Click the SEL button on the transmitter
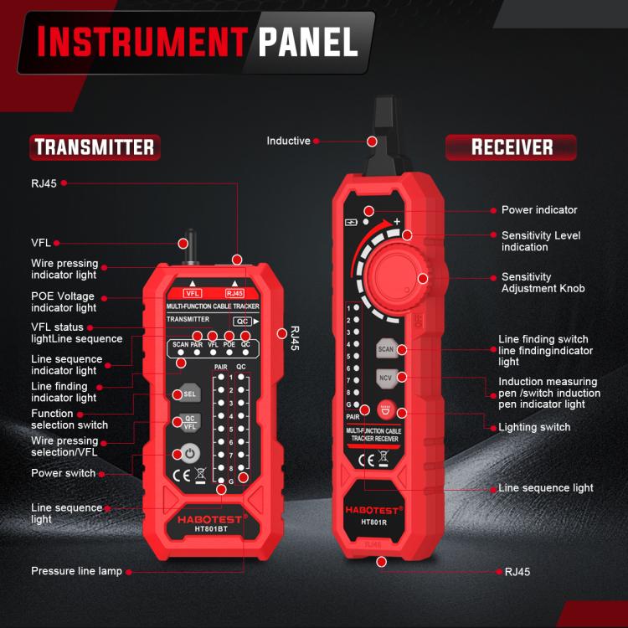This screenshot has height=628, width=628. pyautogui.click(x=188, y=394)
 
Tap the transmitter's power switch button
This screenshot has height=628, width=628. pyautogui.click(x=188, y=455)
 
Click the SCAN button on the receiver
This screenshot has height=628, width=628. pyautogui.click(x=386, y=349)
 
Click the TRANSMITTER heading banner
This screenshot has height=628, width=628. pyautogui.click(x=95, y=148)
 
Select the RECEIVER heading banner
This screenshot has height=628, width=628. pyautogui.click(x=511, y=147)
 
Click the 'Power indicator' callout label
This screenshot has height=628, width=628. pyautogui.click(x=538, y=210)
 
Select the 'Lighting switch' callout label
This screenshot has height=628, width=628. pyautogui.click(x=534, y=427)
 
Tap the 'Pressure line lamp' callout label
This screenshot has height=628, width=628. pyautogui.click(x=76, y=571)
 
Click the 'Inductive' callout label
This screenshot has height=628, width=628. pyautogui.click(x=288, y=141)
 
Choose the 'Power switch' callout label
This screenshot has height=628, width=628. pyautogui.click(x=63, y=473)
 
